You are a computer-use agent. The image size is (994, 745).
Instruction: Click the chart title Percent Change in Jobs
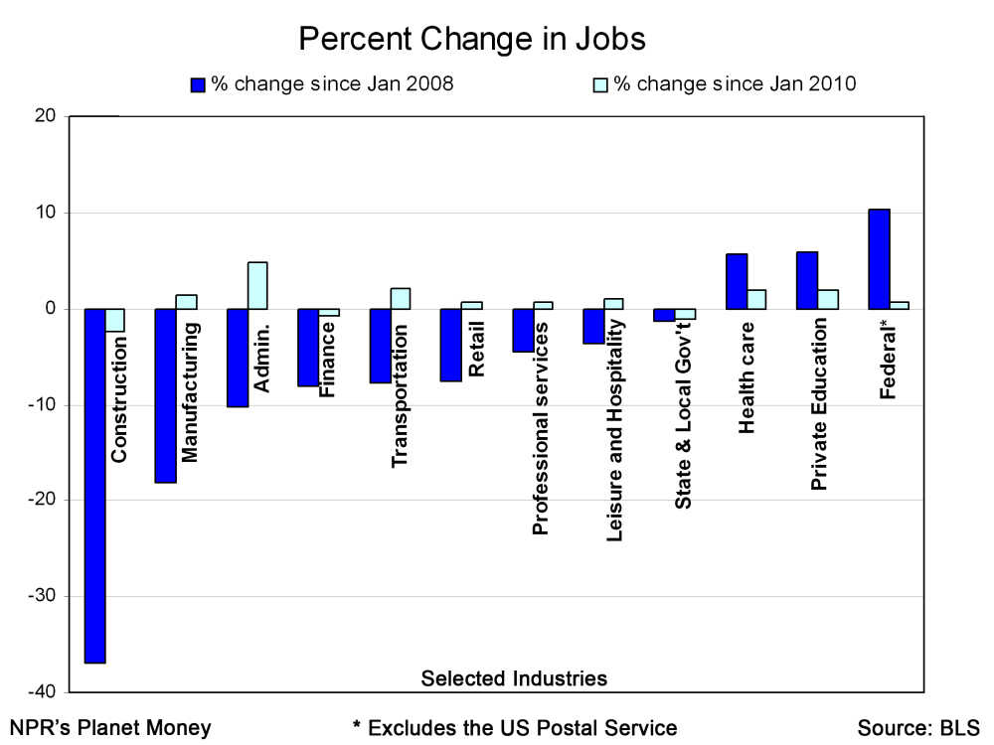pyautogui.click(x=472, y=39)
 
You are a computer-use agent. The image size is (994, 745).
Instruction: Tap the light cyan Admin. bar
pyautogui.click(x=256, y=285)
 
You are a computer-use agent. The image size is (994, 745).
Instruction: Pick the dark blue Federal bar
pyautogui.click(x=879, y=259)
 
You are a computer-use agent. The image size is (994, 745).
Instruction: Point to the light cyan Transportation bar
pyautogui.click(x=400, y=298)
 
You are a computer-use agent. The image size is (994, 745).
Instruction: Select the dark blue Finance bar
pyautogui.click(x=308, y=347)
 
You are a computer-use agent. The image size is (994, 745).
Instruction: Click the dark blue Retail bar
pyautogui.click(x=451, y=345)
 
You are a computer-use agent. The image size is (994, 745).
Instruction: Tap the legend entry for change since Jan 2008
pyautogui.click(x=322, y=84)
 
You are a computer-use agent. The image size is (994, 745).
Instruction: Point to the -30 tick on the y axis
pyautogui.click(x=45, y=596)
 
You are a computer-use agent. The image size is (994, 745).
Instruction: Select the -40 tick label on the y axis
pyautogui.click(x=45, y=691)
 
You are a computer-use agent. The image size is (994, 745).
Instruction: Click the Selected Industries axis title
pyautogui.click(x=514, y=678)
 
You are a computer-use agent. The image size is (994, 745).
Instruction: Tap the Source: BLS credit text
pyautogui.click(x=918, y=727)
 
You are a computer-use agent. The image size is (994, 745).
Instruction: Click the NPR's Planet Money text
pyautogui.click(x=110, y=727)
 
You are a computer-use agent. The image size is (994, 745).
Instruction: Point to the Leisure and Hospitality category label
pyautogui.click(x=614, y=429)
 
